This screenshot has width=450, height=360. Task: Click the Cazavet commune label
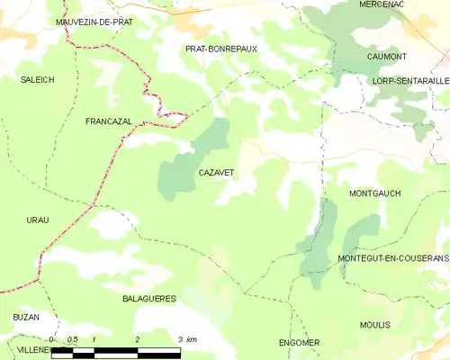click(216, 171)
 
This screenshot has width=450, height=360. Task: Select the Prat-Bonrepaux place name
click(220, 49)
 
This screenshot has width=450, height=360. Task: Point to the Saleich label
click(38, 80)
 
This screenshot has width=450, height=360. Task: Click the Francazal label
click(110, 121)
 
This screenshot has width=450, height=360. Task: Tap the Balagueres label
click(148, 298)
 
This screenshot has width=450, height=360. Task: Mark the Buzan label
click(25, 318)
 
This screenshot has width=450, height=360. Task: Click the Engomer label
click(299, 343)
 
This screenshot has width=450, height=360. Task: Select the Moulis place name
click(373, 325)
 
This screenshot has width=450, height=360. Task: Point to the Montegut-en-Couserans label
click(392, 258)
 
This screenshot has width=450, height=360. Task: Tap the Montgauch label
click(373, 193)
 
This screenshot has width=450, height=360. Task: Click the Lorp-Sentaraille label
click(409, 81)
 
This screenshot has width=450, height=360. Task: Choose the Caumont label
click(386, 57)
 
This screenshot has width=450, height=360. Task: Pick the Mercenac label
click(382, 4)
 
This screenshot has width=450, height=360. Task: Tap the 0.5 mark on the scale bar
click(74, 338)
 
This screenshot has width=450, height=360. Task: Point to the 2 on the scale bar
click(137, 338)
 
